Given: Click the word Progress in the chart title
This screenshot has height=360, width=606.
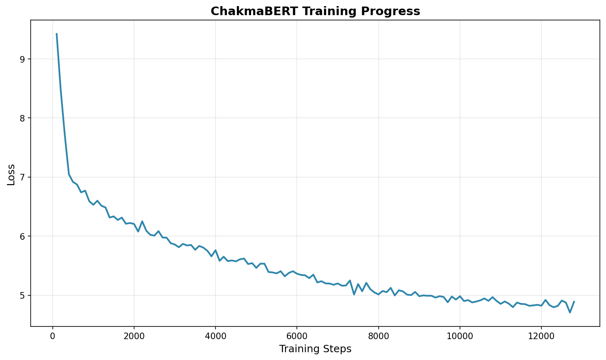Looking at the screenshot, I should click(397, 11).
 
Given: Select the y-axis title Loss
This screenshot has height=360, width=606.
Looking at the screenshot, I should click(11, 175).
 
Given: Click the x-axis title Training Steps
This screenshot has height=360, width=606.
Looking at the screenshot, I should click(315, 349).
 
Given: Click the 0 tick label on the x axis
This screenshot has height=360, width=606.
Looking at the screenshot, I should click(53, 336).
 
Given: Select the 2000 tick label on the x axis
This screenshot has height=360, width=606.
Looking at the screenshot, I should click(134, 336).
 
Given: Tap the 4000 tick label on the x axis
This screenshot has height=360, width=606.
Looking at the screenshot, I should click(215, 336).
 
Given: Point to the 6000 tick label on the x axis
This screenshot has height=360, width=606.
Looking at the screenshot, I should click(297, 336).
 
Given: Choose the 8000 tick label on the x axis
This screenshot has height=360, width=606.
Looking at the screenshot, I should click(378, 336).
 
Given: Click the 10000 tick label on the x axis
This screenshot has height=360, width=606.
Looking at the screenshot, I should click(460, 336).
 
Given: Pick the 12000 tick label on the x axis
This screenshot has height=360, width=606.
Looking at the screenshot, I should click(541, 336).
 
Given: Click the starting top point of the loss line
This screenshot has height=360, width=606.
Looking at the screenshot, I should click(56, 34).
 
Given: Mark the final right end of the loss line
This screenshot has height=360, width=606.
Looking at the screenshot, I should click(574, 301).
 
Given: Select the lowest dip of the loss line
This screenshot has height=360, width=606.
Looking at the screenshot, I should click(570, 313).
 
